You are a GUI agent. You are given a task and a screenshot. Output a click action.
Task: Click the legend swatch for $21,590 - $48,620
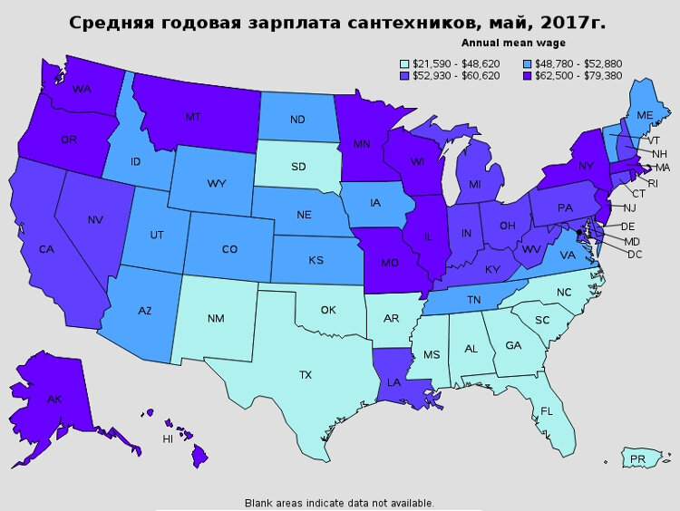404,63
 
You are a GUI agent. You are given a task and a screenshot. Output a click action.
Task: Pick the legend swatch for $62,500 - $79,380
528,75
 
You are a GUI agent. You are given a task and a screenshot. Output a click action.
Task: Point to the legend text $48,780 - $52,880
579,63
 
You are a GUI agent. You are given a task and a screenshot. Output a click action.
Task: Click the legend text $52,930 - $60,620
456,75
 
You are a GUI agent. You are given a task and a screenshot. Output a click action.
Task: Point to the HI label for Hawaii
168,439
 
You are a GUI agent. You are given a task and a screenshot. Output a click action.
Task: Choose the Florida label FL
547,411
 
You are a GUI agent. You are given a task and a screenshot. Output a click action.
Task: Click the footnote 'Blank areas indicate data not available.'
339,503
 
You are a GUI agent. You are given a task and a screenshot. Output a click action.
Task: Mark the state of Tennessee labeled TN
472,300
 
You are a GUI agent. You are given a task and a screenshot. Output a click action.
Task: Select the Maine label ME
645,116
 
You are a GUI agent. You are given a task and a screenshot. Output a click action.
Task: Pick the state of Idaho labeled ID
136,161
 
